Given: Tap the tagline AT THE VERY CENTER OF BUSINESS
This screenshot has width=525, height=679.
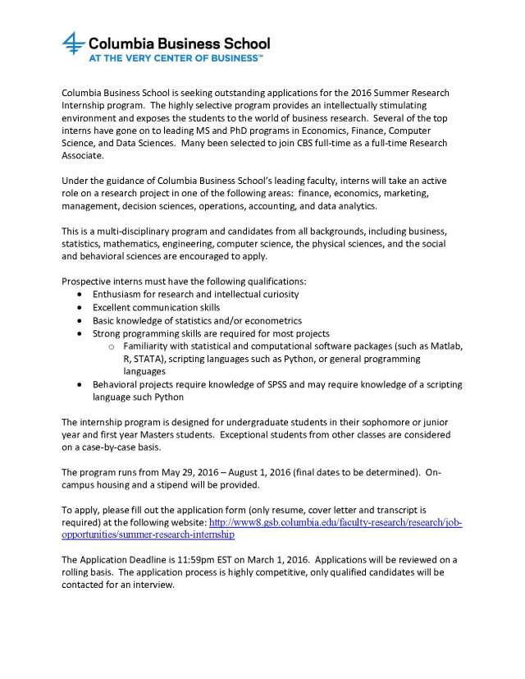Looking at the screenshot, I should (x=164, y=59).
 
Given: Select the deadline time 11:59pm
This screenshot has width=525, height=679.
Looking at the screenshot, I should (x=181, y=560).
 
